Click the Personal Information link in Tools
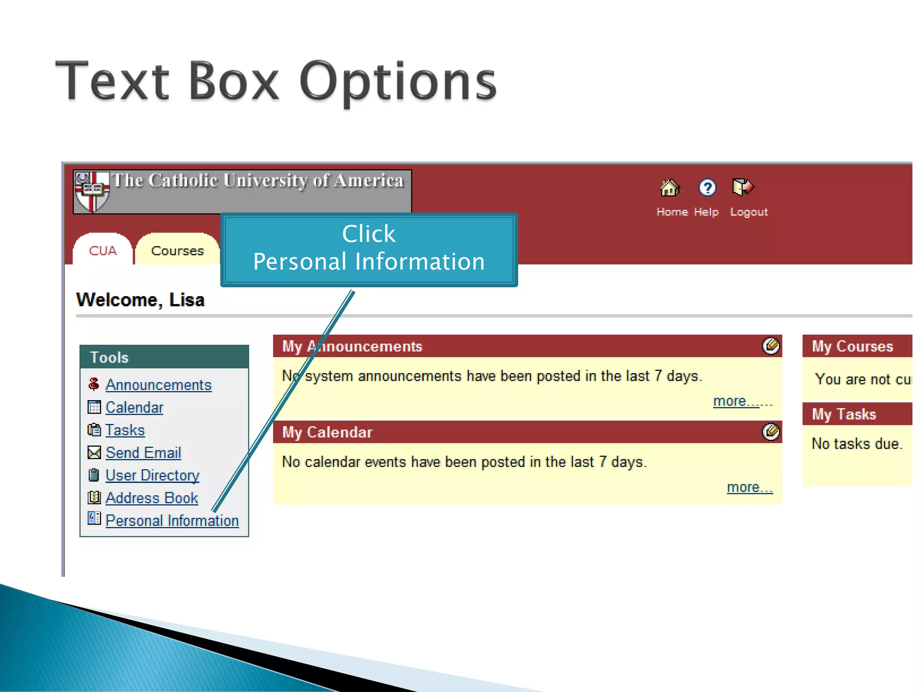point(172,521)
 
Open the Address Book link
point(151,498)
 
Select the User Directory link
point(152,476)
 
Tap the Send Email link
point(143,453)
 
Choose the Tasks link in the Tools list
point(125,430)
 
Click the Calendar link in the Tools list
point(134,408)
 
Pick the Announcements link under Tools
point(158,385)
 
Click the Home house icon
point(670,187)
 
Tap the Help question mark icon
point(707,187)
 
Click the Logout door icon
point(743,187)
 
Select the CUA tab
point(103,250)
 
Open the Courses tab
point(178,250)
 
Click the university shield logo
point(92,191)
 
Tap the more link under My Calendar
point(749,487)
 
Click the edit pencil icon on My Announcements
point(771,346)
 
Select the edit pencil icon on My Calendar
point(771,432)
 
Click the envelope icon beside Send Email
point(94,453)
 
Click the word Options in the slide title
point(398,83)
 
